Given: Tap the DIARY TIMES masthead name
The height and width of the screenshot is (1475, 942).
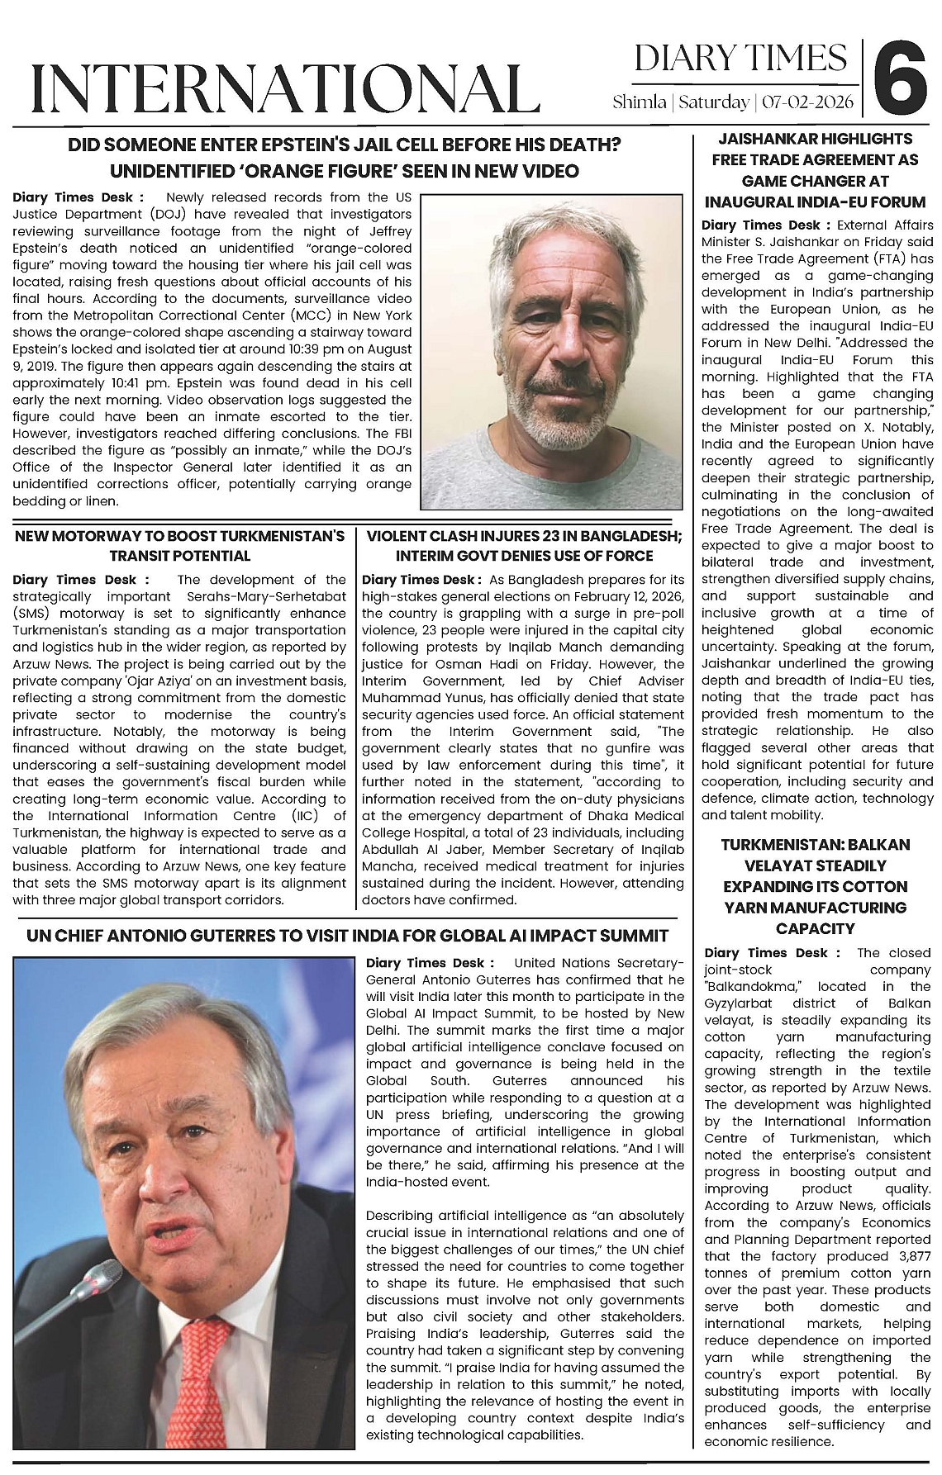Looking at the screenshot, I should [x=740, y=59].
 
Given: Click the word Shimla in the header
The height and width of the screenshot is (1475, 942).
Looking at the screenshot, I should [x=640, y=102].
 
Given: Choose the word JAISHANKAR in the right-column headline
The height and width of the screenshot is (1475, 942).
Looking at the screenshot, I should [x=759, y=139].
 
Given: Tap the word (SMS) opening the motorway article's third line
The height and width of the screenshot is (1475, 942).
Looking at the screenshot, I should [x=34, y=614].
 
